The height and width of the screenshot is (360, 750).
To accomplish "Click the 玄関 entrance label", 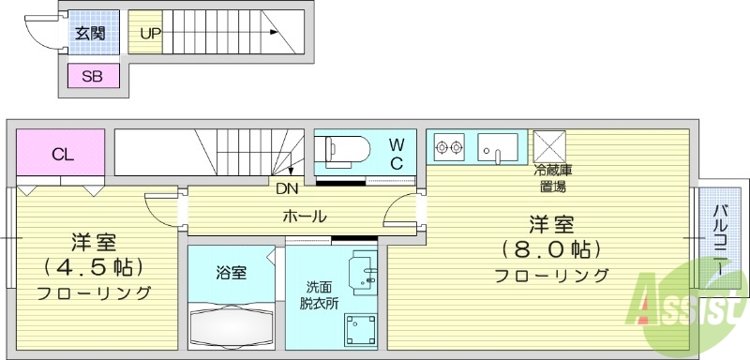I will tap(90, 34).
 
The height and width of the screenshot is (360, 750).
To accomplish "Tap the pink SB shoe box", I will tap(92, 77).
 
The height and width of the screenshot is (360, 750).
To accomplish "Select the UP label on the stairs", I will tap(151, 34).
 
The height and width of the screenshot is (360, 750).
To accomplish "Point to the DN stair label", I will tap(287, 187).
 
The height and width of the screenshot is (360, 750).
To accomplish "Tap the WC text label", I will tap(397, 153).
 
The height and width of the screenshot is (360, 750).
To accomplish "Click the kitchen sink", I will tap(498, 146).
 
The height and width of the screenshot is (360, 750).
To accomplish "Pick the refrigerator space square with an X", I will tap(547, 145).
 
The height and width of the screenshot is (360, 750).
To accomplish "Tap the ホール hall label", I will tap(305, 217).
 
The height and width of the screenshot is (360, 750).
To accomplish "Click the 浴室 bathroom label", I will tap(231, 274).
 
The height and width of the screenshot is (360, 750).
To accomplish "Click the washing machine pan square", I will tap(361, 329).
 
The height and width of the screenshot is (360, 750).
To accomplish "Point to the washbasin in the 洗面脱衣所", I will tap(362, 275).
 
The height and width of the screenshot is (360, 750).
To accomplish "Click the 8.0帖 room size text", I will tap(552, 250).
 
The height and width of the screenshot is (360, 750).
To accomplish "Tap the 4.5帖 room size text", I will tap(94, 266).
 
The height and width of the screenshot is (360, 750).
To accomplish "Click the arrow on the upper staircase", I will tap(274, 34).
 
